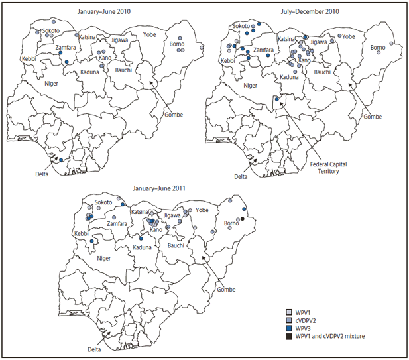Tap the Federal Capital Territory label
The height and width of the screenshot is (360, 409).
tap(325, 166)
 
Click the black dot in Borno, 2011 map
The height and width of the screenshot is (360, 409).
tap(243, 219)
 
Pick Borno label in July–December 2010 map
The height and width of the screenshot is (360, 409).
tap(377, 48)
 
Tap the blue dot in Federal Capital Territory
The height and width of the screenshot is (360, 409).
tap(276, 99)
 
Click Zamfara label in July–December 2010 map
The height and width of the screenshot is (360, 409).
tap(264, 50)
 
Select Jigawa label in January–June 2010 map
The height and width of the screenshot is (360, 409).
tap(120, 41)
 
